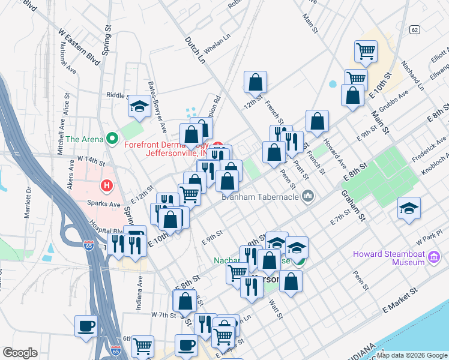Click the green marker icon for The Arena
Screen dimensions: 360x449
112,139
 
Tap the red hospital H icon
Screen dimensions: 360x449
107,186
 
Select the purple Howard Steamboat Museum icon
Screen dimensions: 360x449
435,258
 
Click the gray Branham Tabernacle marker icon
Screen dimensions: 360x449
309,196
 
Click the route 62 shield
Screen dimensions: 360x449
415,29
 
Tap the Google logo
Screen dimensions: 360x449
20,352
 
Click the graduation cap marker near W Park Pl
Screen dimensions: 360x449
409,208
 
